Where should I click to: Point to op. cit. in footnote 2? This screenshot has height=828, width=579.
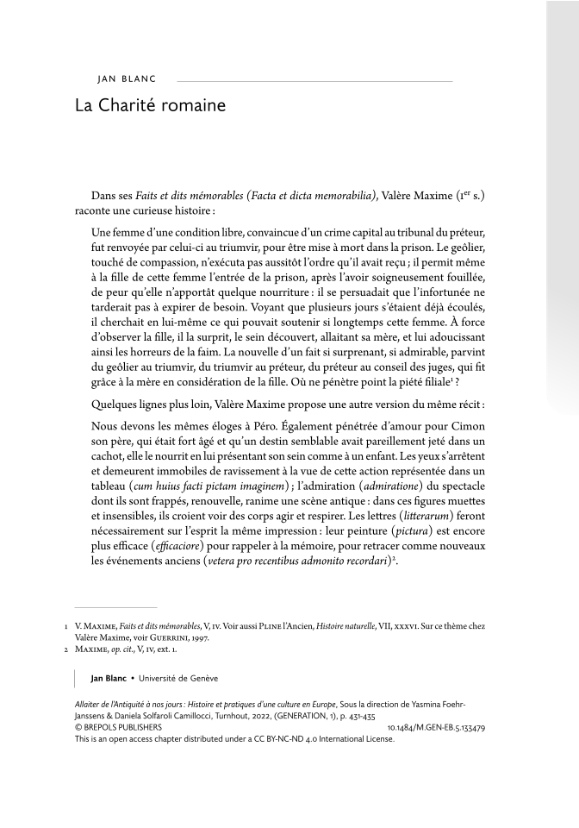128,649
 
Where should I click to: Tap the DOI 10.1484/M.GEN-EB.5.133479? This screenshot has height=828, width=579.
437,728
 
